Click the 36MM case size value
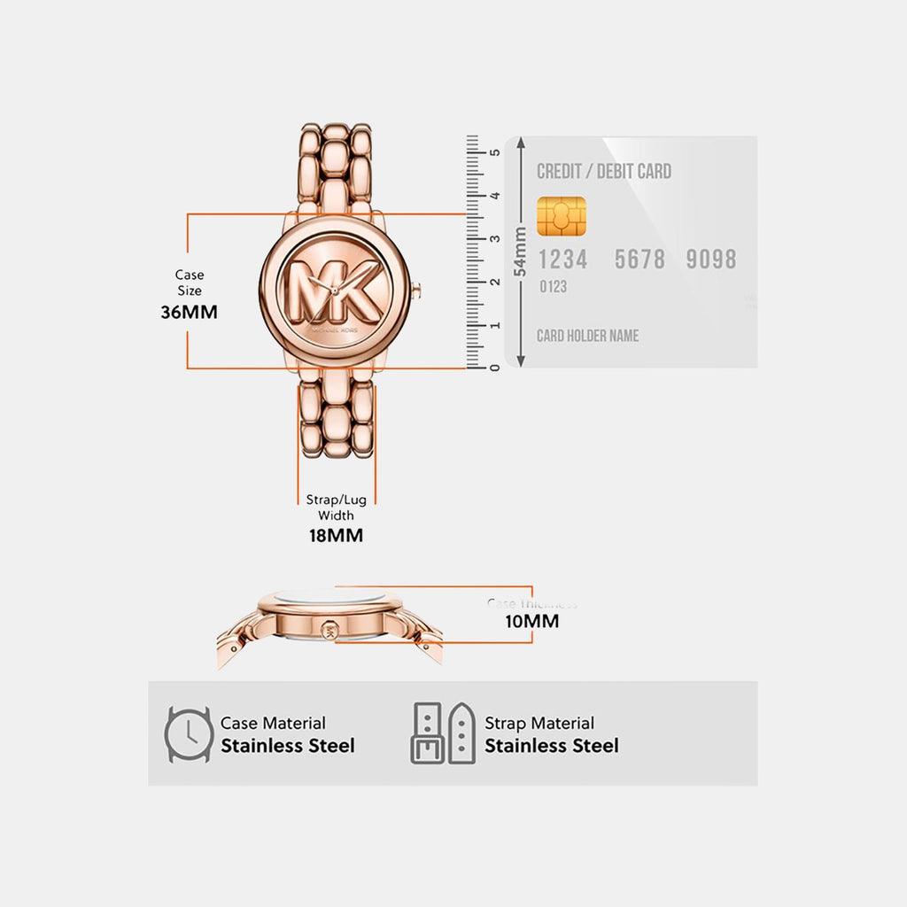189,312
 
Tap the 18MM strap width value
336,536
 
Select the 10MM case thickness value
531,621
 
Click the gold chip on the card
562,217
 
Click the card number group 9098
711,260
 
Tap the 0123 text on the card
553,287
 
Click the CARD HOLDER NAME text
587,336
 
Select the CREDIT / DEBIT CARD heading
604,172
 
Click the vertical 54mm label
521,251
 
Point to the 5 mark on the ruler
495,152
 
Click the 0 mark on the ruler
495,366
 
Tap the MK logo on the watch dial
335,290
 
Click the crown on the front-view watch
416,290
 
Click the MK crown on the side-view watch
329,630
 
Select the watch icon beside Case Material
188,734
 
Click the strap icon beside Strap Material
443,733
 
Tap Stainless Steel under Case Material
288,746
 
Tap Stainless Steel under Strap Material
551,746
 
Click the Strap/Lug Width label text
336,508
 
